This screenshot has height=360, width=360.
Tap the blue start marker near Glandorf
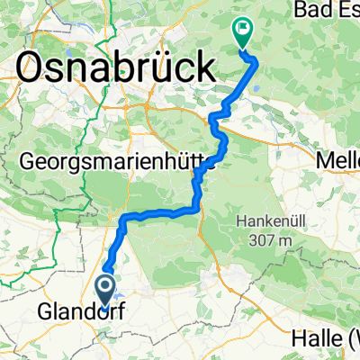(x=105, y=290)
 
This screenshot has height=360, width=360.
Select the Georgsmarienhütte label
(x=117, y=162)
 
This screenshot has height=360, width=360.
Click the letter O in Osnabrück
(x=34, y=67)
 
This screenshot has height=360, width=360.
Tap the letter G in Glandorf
(x=45, y=314)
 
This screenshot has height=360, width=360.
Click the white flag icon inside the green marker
(x=242, y=30)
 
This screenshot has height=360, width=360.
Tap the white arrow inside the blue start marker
(x=105, y=287)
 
